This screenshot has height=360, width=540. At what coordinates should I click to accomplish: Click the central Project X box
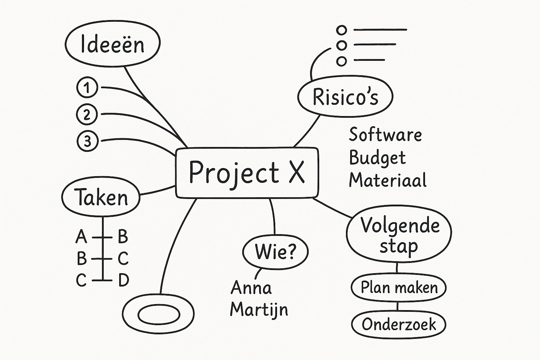click(247, 172)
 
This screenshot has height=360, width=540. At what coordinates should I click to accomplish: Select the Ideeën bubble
click(112, 44)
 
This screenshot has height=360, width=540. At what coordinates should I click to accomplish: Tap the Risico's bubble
click(345, 97)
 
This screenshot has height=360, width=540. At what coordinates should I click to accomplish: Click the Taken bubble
click(101, 197)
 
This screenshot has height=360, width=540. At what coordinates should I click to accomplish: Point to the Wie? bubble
click(275, 251)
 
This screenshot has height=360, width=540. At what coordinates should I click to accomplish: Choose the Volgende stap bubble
click(399, 235)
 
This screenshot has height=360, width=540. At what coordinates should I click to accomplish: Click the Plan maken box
click(399, 288)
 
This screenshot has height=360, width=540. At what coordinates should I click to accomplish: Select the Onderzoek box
click(399, 324)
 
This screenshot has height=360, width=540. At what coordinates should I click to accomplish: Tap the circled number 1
click(87, 88)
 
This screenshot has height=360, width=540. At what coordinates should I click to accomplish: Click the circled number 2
click(86, 114)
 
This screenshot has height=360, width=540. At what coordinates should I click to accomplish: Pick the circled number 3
click(87, 141)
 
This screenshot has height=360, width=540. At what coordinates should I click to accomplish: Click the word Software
click(385, 135)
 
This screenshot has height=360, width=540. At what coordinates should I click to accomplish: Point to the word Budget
click(377, 158)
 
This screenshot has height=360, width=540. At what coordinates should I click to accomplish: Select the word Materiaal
click(387, 180)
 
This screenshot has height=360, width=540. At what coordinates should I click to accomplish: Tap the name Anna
click(251, 288)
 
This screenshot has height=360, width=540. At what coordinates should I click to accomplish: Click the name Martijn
click(259, 309)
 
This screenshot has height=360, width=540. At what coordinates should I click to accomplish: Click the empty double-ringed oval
click(159, 314)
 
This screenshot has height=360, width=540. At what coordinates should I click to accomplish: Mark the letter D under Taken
click(123, 280)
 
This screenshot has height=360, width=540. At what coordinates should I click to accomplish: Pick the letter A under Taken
click(81, 237)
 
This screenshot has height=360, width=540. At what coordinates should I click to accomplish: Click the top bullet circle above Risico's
click(341, 30)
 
